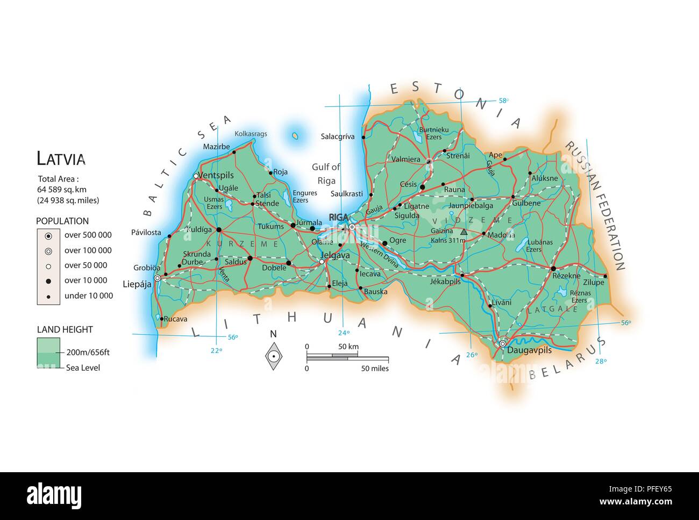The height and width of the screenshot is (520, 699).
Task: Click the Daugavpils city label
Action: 529,350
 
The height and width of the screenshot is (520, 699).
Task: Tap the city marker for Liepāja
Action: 157,278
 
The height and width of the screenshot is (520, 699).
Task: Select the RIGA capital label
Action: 339,216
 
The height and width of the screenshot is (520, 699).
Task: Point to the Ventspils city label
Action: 216,175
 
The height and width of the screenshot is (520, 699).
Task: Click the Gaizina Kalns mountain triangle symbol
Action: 463,232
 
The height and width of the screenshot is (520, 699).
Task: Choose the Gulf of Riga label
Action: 326,174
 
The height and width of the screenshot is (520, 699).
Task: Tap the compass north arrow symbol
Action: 274,356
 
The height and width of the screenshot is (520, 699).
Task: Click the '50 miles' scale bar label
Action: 374,369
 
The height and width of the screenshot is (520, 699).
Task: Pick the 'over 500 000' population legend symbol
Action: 48,235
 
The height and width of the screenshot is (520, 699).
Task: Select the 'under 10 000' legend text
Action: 89,295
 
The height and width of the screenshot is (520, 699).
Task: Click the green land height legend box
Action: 48,352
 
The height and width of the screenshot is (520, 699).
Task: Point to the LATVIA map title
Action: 61,159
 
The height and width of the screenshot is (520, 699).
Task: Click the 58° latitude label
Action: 503,100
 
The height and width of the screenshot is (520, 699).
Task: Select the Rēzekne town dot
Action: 553,268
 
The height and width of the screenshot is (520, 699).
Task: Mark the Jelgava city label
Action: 335,256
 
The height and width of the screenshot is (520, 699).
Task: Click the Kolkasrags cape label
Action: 251,134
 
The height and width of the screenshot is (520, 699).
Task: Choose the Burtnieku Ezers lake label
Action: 433,133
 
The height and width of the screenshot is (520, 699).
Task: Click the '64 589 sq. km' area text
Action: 61,190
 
